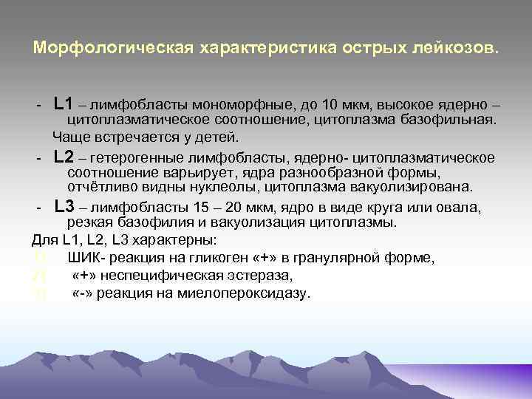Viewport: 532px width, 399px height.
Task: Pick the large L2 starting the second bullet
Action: click(x=64, y=157)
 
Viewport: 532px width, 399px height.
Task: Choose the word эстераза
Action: click(x=262, y=276)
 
